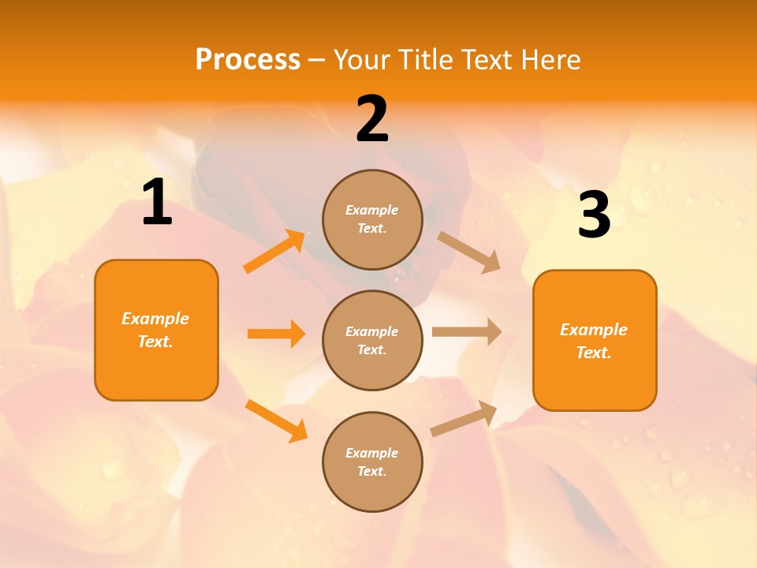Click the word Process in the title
click(248, 60)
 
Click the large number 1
click(157, 203)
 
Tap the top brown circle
click(372, 219)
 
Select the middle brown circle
click(372, 340)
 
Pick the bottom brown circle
click(372, 461)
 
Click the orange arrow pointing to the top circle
click(275, 252)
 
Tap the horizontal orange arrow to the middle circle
click(276, 334)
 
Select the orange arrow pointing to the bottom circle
click(276, 420)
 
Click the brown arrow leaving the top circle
click(469, 252)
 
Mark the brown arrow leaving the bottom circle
click(464, 418)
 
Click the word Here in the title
click(551, 60)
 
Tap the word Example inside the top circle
click(372, 210)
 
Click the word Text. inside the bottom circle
click(372, 471)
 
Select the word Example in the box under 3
click(594, 330)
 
